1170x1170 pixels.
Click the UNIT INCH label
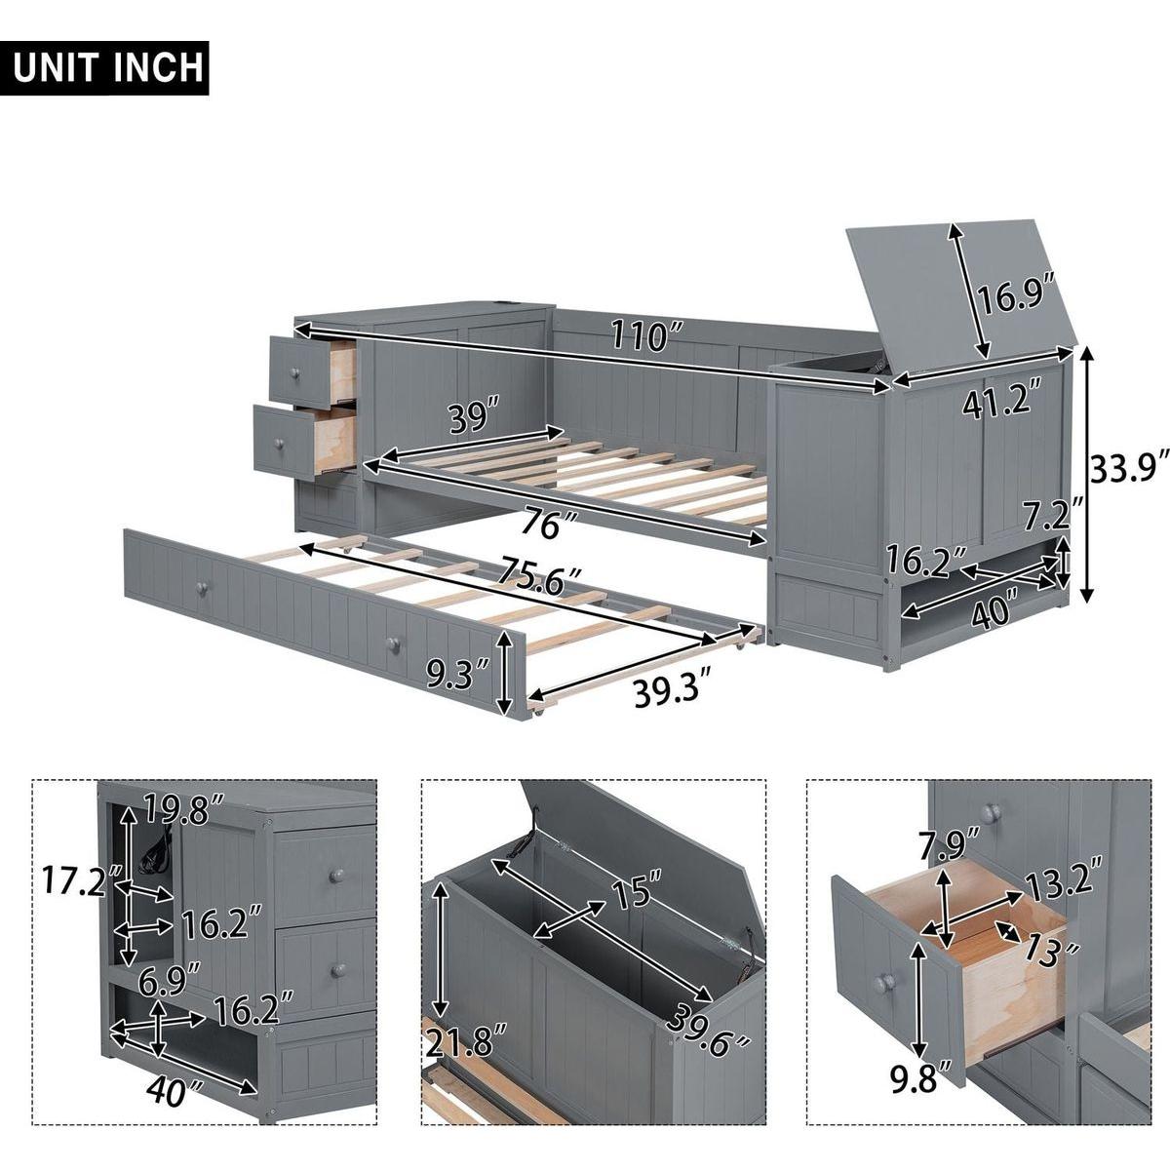point(109,67)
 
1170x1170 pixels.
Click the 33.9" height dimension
point(1127,471)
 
